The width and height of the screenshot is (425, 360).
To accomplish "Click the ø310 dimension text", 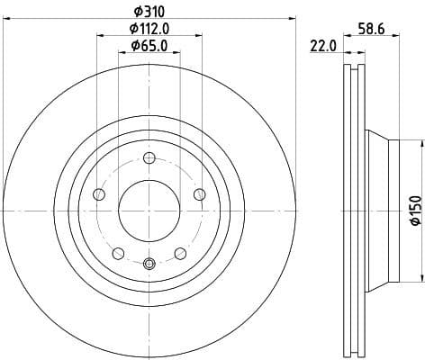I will click(x=149, y=10).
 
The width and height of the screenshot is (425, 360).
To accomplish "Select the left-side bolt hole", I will click(x=99, y=194).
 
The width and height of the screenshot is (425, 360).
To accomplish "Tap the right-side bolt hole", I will click(x=199, y=194).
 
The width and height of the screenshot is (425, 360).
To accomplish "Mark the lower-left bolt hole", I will click(x=117, y=253).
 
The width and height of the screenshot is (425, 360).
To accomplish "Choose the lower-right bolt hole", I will click(x=180, y=253).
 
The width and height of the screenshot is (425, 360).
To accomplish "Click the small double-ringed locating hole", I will click(x=149, y=263).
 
